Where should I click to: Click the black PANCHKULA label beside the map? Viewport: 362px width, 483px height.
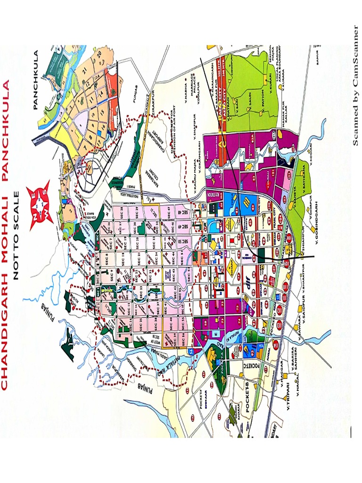pos(38,80)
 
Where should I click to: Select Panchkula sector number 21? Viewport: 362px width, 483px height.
pos(85,71)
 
